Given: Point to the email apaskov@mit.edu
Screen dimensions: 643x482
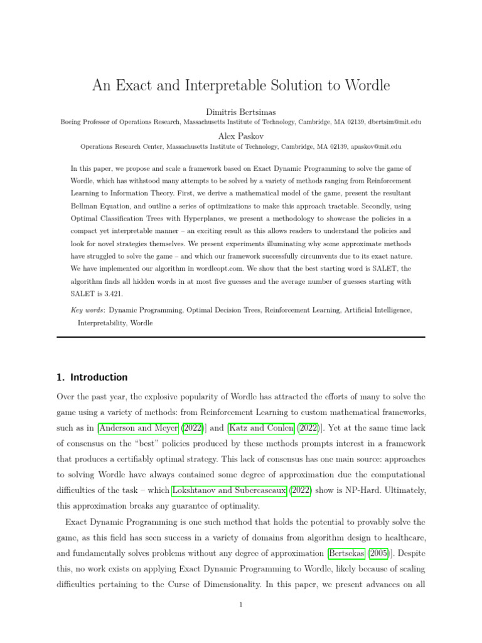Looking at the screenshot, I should [374, 147].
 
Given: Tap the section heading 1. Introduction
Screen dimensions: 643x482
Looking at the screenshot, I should [92, 377].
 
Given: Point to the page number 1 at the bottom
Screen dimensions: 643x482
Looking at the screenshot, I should [240, 605].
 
